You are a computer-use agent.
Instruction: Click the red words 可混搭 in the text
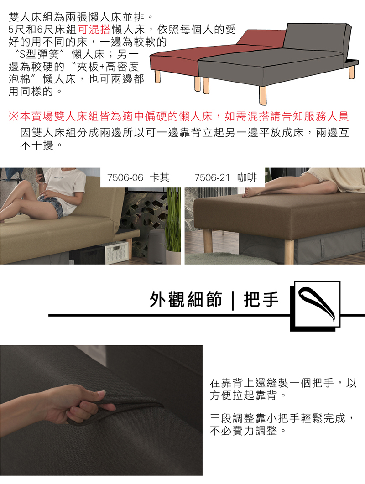[94, 29]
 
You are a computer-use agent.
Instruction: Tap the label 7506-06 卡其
[138, 177]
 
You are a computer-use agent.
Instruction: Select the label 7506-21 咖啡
[225, 177]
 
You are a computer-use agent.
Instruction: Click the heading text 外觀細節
[186, 299]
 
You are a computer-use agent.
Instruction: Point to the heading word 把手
[261, 299]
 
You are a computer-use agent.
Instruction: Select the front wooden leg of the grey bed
[262, 95]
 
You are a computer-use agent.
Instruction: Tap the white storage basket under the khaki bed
[116, 253]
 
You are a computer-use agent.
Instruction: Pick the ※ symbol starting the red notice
[14, 116]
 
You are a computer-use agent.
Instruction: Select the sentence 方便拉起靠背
[243, 395]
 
